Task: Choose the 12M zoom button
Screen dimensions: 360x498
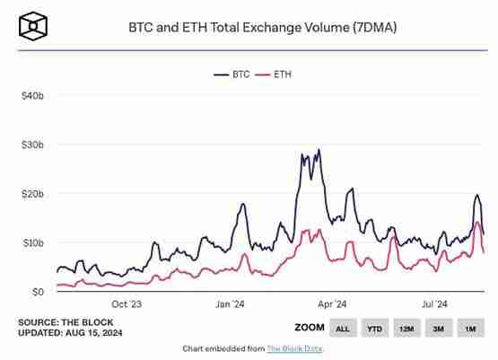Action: [406, 329]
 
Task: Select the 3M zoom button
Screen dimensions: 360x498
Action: [438, 329]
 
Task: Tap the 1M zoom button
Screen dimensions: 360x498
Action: [470, 329]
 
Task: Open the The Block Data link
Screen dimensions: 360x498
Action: [294, 348]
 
